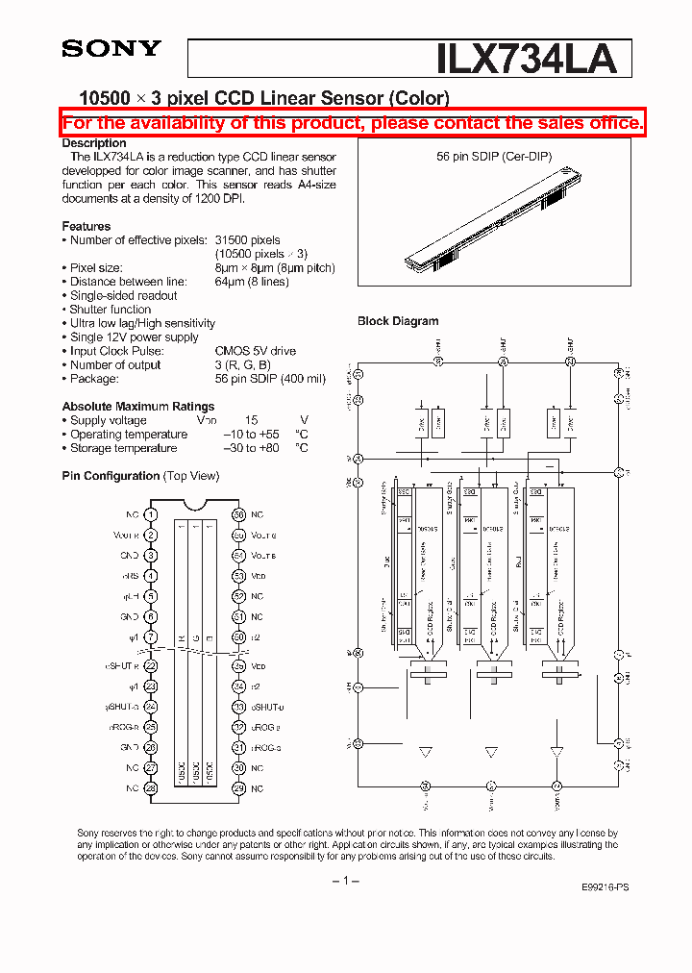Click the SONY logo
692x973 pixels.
pyautogui.click(x=111, y=49)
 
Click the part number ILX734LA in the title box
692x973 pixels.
pyautogui.click(x=526, y=59)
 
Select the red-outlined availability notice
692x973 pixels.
pyautogui.click(x=353, y=123)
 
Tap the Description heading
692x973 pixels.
pyautogui.click(x=94, y=143)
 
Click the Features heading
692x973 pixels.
pyautogui.click(x=86, y=226)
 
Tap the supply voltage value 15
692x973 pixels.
pyautogui.click(x=251, y=420)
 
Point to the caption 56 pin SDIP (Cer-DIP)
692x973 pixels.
pyautogui.click(x=494, y=156)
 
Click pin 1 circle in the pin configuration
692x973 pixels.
pyautogui.click(x=151, y=515)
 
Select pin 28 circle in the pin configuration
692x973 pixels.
pyautogui.click(x=151, y=788)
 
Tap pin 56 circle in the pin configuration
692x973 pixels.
pyautogui.click(x=238, y=515)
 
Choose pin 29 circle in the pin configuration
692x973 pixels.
pyautogui.click(x=238, y=788)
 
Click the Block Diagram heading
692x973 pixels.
pyautogui.click(x=398, y=321)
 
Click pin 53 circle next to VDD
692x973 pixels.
pyautogui.click(x=238, y=576)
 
